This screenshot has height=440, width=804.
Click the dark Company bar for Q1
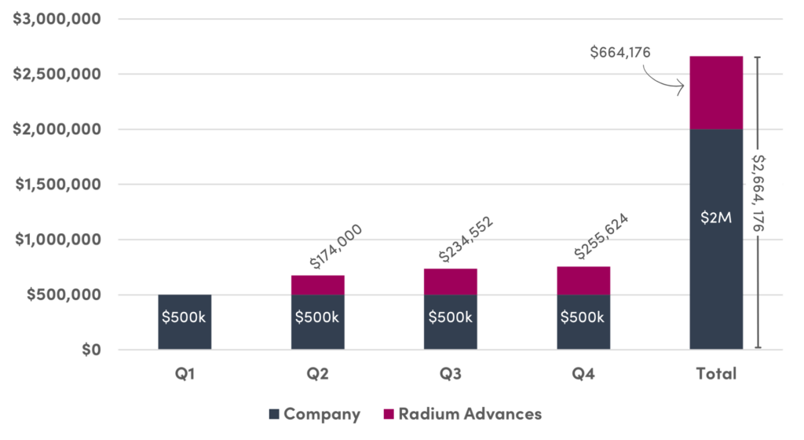[185, 322]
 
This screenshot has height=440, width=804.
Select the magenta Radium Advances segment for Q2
[317, 284]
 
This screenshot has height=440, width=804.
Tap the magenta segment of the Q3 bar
[451, 281]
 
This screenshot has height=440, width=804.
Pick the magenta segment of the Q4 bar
[583, 280]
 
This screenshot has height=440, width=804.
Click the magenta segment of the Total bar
[716, 93]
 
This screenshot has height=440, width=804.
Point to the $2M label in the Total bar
[716, 218]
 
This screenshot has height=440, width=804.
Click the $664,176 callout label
[622, 53]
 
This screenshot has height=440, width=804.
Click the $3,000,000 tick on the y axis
[59, 19]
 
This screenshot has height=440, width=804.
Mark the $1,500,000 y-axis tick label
[59, 185]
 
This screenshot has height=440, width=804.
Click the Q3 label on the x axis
[451, 373]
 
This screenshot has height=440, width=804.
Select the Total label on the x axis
[716, 373]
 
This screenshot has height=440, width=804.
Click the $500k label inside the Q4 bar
[583, 317]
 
